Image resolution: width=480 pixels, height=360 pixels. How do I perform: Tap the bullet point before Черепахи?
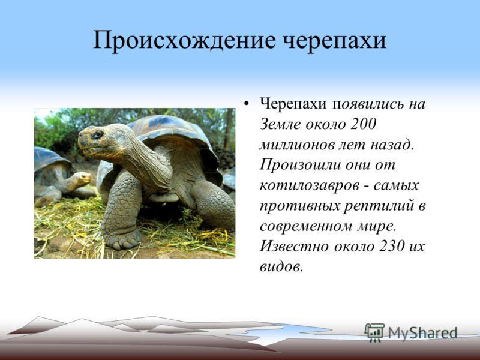coord(246,104)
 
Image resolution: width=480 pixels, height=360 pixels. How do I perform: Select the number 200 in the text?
coord(362,124)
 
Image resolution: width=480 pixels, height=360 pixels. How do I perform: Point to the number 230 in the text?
coord(392,246)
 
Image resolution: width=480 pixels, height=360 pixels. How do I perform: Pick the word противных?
coord(299,206)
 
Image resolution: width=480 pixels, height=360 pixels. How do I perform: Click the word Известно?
coord(294,246)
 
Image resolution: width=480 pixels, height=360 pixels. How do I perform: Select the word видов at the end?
coord(281,266)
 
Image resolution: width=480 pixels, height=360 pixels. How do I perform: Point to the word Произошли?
coord(300,166)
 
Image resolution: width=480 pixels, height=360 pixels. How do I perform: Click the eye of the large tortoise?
coord(97,134)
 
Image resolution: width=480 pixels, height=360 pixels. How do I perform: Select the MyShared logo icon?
coord(374,332)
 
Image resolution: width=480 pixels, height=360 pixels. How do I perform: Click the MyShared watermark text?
coord(422,333)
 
